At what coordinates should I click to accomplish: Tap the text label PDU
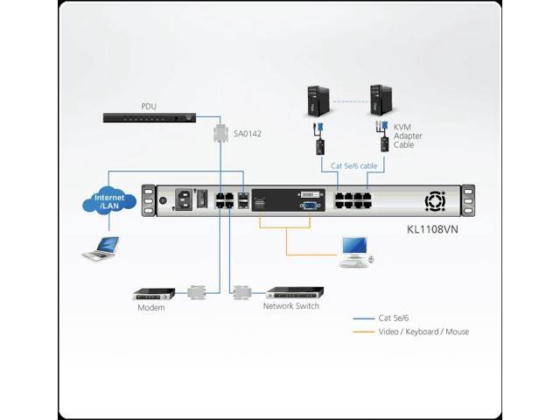(x=149, y=107)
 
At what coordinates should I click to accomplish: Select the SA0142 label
(x=248, y=134)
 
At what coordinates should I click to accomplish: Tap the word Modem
(x=150, y=308)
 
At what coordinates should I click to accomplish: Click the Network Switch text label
(x=291, y=307)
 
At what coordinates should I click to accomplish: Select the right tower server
(x=378, y=101)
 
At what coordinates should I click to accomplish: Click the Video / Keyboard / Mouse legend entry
(x=423, y=332)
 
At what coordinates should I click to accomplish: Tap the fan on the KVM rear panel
(x=435, y=203)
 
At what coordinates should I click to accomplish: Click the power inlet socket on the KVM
(x=184, y=200)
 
